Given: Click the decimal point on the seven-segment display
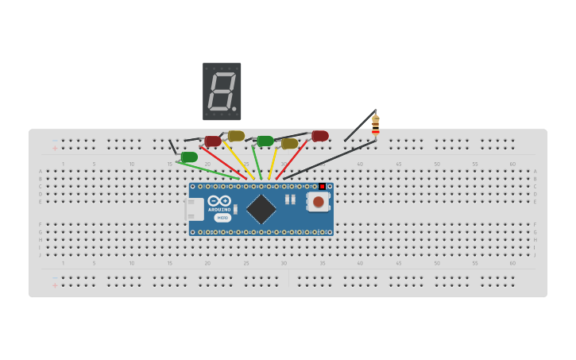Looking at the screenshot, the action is click(x=234, y=109).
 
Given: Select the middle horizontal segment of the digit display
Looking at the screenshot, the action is click(x=222, y=91).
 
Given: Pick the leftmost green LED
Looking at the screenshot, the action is click(x=189, y=157).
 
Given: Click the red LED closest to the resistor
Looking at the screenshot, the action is click(x=319, y=136).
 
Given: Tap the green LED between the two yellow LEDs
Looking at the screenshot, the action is click(x=265, y=141).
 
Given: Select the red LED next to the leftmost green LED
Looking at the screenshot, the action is click(x=213, y=141).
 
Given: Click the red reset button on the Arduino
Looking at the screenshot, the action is click(x=318, y=202).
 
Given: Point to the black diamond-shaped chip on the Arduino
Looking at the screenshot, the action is click(x=261, y=209).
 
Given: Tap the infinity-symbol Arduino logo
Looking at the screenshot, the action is click(x=219, y=201).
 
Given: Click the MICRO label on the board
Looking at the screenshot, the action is click(x=222, y=218).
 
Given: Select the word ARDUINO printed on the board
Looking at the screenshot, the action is click(x=219, y=210).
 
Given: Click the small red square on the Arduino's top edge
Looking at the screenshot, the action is click(x=322, y=187).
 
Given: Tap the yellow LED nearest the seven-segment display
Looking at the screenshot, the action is click(x=236, y=135).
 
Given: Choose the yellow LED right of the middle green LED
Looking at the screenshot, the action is click(x=289, y=144).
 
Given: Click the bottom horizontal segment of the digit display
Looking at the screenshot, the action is click(x=220, y=108).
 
